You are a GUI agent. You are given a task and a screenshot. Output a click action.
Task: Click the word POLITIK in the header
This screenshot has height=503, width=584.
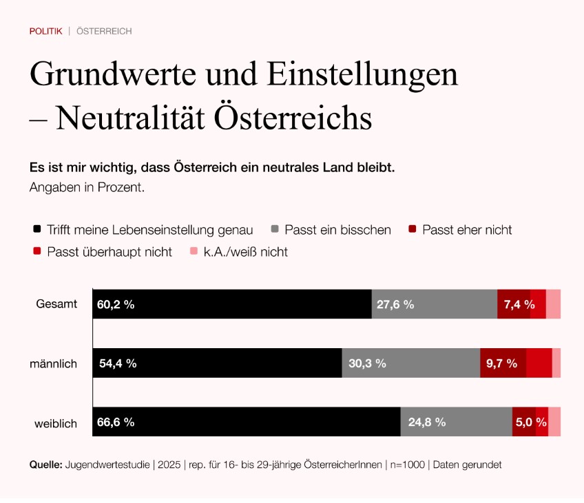(45, 31)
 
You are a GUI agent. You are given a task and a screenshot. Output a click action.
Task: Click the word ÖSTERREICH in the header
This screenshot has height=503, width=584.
(104, 31)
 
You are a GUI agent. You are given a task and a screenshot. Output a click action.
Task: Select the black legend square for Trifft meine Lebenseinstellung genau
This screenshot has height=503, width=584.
(36, 230)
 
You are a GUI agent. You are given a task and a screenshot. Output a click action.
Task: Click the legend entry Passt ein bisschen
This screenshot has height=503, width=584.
(337, 230)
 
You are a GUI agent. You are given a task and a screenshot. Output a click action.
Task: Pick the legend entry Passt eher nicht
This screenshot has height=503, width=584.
(467, 230)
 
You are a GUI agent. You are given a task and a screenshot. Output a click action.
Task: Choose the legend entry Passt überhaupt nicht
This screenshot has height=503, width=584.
(109, 252)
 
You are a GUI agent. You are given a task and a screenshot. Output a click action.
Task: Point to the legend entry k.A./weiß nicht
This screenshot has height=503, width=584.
(245, 252)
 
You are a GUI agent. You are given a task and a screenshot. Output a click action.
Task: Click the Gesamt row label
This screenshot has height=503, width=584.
(56, 304)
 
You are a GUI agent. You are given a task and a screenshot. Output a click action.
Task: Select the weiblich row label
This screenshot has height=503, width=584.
(56, 422)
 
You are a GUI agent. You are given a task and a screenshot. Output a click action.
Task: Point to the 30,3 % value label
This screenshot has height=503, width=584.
(367, 363)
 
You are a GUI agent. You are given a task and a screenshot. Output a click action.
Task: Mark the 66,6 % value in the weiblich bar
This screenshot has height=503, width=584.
(116, 422)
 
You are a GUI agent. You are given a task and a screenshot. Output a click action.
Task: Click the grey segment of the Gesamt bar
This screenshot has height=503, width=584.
(434, 304)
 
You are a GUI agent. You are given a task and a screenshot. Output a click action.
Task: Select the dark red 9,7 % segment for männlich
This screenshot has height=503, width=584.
(503, 363)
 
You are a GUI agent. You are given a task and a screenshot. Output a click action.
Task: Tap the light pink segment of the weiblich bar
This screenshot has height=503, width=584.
(554, 422)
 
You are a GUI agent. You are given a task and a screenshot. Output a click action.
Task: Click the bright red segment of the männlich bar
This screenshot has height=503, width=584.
(539, 363)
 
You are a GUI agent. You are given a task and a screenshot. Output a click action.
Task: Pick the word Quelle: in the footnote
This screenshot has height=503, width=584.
(45, 464)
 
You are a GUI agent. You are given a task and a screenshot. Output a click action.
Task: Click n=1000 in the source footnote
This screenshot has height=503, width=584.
(406, 464)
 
